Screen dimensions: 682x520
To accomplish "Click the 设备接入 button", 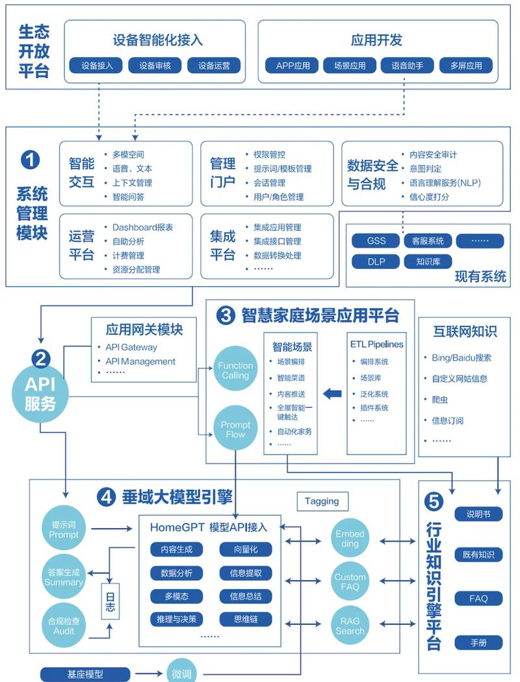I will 97,66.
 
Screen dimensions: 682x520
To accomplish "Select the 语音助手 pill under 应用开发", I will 408,66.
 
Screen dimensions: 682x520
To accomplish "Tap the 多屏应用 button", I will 466,66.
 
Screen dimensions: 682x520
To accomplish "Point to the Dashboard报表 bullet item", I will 142,228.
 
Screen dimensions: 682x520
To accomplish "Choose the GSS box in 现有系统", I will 376,241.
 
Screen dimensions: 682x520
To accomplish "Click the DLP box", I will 376,261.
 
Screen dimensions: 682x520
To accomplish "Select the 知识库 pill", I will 423,261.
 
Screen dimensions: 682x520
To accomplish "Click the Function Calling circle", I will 235,371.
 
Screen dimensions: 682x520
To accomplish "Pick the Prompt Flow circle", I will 235,430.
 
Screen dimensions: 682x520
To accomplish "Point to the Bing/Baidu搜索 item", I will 461,358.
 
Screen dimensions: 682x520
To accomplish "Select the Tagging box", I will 322,501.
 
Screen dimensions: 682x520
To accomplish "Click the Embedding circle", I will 350,539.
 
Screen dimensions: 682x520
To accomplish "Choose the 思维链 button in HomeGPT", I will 245,619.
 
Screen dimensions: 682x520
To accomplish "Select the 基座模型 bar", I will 85,674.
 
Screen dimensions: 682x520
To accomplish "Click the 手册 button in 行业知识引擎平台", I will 478,642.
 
